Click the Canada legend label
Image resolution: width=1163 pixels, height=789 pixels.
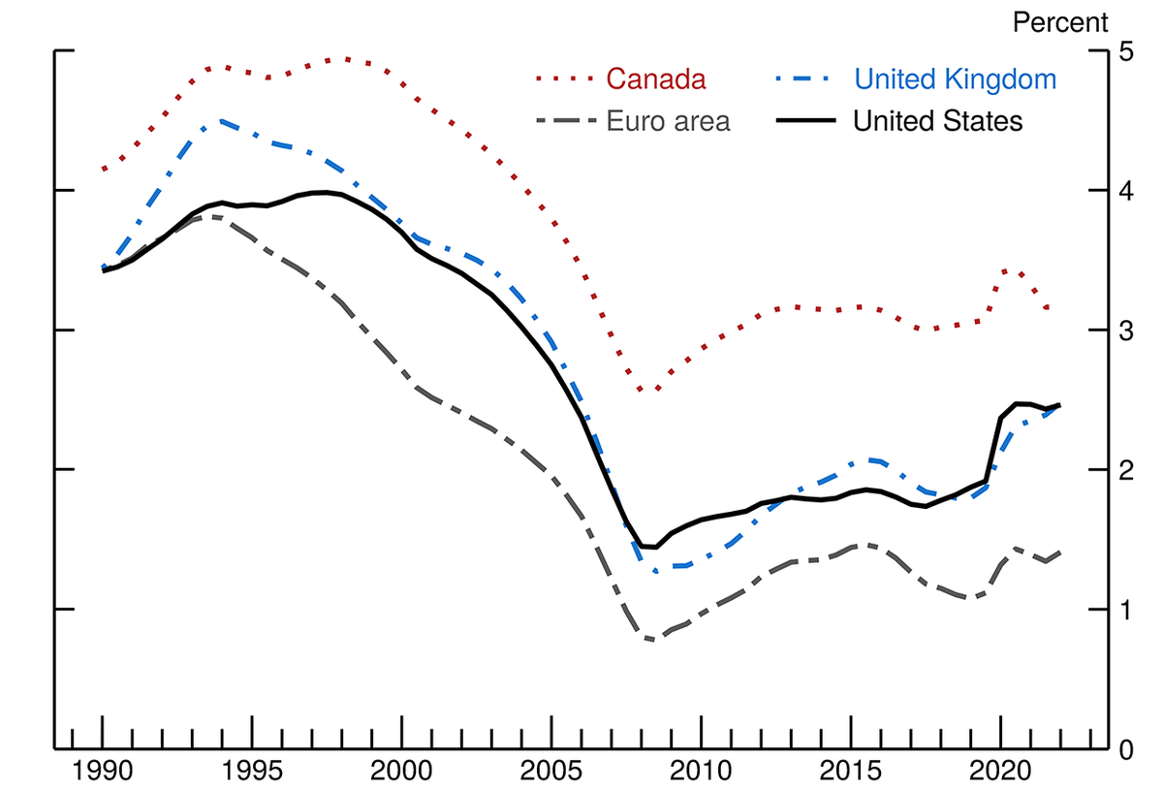(656, 79)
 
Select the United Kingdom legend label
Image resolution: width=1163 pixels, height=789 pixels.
(956, 79)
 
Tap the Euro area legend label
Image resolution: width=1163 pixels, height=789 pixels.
(668, 121)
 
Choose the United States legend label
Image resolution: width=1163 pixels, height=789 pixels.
(938, 121)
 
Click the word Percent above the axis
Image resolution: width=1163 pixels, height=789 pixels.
(1060, 22)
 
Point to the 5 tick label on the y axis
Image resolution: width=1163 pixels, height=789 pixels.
(1126, 51)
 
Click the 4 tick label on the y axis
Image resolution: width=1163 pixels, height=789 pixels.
(1126, 191)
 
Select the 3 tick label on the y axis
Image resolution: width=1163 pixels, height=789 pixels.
(1126, 331)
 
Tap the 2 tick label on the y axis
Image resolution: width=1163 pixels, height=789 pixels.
(1126, 470)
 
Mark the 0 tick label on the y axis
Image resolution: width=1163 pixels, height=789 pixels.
(1126, 750)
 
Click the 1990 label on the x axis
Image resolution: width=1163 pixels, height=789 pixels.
(103, 771)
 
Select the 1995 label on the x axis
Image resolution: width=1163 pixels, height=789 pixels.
(252, 771)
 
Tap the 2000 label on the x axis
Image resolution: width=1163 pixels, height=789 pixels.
(401, 771)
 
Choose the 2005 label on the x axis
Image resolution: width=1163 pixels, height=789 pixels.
(551, 771)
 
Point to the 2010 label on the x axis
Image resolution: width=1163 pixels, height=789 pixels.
(701, 771)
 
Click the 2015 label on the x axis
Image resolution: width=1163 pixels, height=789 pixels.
(851, 771)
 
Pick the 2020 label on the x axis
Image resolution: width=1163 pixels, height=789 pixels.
(1000, 771)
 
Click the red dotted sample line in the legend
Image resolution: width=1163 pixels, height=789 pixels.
(564, 79)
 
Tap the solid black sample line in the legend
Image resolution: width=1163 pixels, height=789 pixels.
(806, 120)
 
